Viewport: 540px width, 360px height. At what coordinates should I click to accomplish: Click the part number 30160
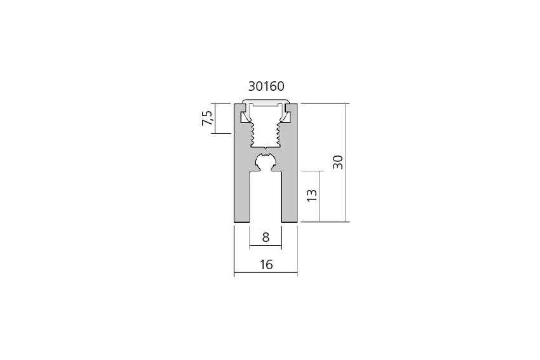click(266, 86)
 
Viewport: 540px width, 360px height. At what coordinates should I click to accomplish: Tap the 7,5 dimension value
click(208, 118)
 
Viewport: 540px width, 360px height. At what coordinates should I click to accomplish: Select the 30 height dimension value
click(338, 162)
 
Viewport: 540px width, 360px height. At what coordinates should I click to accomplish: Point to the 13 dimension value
click(312, 195)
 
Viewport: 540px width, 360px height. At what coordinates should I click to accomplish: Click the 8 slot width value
click(266, 237)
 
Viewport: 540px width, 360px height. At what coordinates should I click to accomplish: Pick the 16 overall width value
click(266, 265)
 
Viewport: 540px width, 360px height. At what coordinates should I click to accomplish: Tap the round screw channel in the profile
click(265, 161)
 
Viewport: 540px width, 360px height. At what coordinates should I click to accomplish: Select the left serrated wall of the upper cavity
click(252, 134)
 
